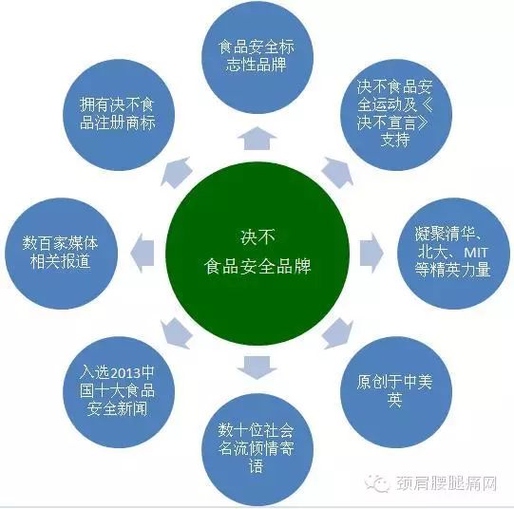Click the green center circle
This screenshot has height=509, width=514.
257,254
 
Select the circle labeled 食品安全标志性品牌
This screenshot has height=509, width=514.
257,57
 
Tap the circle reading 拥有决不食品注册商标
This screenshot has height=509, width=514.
119,115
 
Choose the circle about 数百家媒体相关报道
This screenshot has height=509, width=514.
61,254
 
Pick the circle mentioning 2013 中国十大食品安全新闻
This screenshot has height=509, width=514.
119,392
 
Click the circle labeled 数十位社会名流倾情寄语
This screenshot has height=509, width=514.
257,449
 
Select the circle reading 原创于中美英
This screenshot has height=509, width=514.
396,392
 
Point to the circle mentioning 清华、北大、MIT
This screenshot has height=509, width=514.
454,254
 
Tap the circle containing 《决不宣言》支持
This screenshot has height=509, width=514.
396,115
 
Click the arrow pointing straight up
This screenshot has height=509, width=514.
257,139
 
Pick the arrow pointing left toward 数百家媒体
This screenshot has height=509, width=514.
143,254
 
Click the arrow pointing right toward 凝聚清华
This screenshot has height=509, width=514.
371,254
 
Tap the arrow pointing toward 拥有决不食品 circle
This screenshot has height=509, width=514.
176,172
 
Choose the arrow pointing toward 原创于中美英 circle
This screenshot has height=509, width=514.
338,334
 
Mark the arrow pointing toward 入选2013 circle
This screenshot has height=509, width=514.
176,334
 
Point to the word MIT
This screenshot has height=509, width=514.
476,253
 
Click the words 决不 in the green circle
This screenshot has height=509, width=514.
257,236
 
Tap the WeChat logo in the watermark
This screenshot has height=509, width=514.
377,483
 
